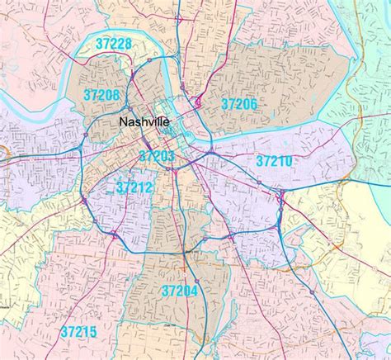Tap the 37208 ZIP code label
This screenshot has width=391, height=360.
point(101,95)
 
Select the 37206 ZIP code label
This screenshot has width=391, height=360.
point(239,102)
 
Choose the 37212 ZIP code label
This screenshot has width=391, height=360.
point(134,188)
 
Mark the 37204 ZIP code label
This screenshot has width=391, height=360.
point(181,291)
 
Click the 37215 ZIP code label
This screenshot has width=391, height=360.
point(78,332)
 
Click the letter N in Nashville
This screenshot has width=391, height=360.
point(124,123)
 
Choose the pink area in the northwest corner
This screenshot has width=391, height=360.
point(33,33)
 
